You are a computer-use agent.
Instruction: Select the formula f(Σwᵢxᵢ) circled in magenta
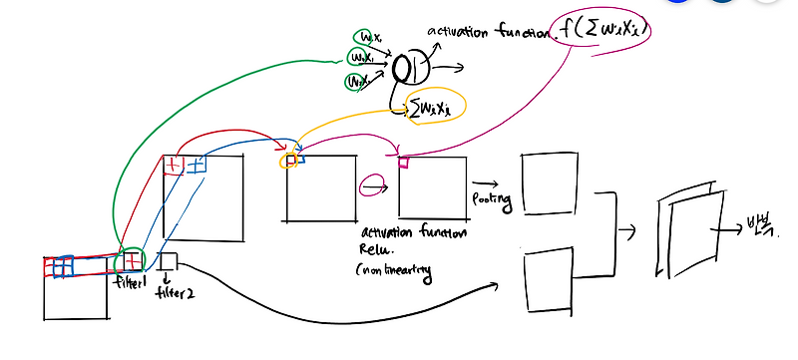point(604,33)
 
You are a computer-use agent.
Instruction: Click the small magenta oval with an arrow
point(369,183)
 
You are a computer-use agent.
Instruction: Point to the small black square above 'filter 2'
point(167,261)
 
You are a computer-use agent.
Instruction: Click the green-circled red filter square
point(130,261)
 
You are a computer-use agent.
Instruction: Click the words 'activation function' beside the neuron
point(488,34)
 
